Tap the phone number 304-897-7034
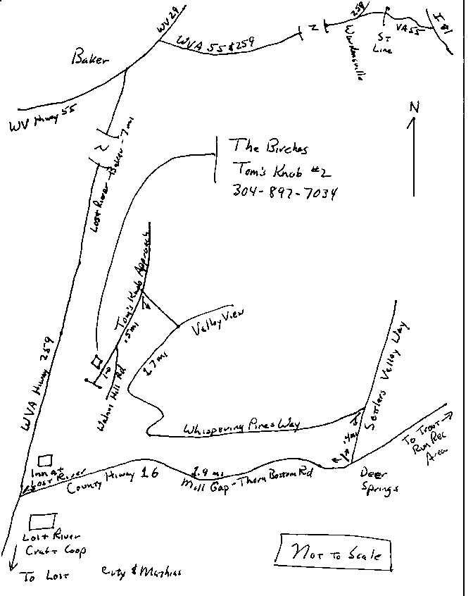[x=284, y=191]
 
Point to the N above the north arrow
[x=415, y=108]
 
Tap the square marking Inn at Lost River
[x=45, y=459]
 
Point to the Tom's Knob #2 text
[x=281, y=170]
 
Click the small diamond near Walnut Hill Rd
[x=97, y=361]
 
